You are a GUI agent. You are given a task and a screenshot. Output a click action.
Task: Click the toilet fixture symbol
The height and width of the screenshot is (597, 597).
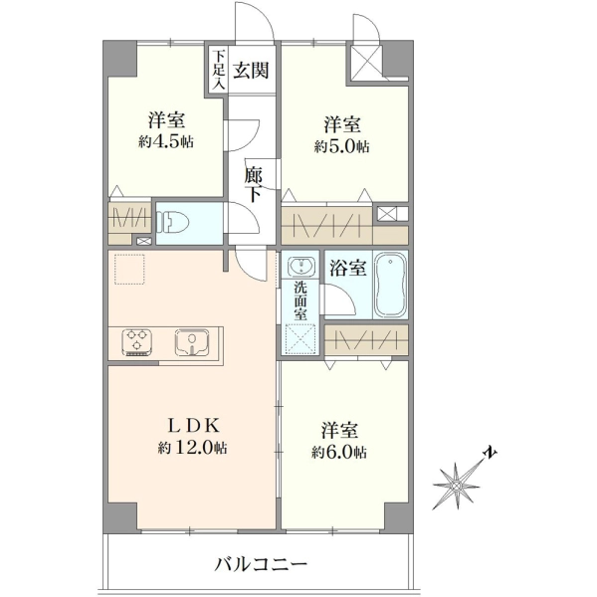[x=174, y=222]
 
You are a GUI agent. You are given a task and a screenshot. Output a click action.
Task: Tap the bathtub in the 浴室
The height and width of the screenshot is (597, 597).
[x=391, y=285]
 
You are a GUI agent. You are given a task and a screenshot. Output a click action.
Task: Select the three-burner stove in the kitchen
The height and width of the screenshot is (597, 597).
[x=137, y=342]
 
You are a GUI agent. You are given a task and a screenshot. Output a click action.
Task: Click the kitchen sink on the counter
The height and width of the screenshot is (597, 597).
[x=192, y=342]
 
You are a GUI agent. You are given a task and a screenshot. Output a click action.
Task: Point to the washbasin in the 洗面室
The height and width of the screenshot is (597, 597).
[x=300, y=265]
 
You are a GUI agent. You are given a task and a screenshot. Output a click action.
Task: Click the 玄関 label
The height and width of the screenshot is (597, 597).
[x=251, y=71]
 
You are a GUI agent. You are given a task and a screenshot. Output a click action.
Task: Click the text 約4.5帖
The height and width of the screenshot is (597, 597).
[x=166, y=142]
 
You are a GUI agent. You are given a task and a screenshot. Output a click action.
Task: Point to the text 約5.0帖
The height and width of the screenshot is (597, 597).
[x=342, y=146]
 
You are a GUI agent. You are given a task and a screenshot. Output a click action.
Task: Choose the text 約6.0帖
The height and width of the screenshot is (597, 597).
[x=339, y=453]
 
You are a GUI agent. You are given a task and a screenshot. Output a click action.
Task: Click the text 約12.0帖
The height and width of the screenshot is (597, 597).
[x=193, y=448]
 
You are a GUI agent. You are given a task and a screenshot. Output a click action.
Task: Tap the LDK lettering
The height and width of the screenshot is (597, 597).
[x=194, y=426]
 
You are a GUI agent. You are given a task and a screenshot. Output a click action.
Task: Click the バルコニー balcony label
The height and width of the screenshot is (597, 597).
[x=261, y=564]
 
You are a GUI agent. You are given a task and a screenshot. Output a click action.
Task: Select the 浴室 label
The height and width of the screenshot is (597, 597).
[x=348, y=268]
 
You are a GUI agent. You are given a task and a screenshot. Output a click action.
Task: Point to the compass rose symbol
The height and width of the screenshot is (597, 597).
[x=457, y=486]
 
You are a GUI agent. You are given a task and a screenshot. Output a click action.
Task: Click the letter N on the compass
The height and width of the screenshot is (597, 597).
[x=490, y=452]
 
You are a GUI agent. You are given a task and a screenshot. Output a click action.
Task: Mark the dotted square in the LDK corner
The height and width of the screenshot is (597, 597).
[x=129, y=270]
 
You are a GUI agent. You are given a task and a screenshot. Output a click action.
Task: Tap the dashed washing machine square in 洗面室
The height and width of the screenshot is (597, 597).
[x=300, y=339]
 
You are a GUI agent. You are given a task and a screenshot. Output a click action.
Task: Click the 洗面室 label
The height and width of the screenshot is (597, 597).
[x=300, y=301]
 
